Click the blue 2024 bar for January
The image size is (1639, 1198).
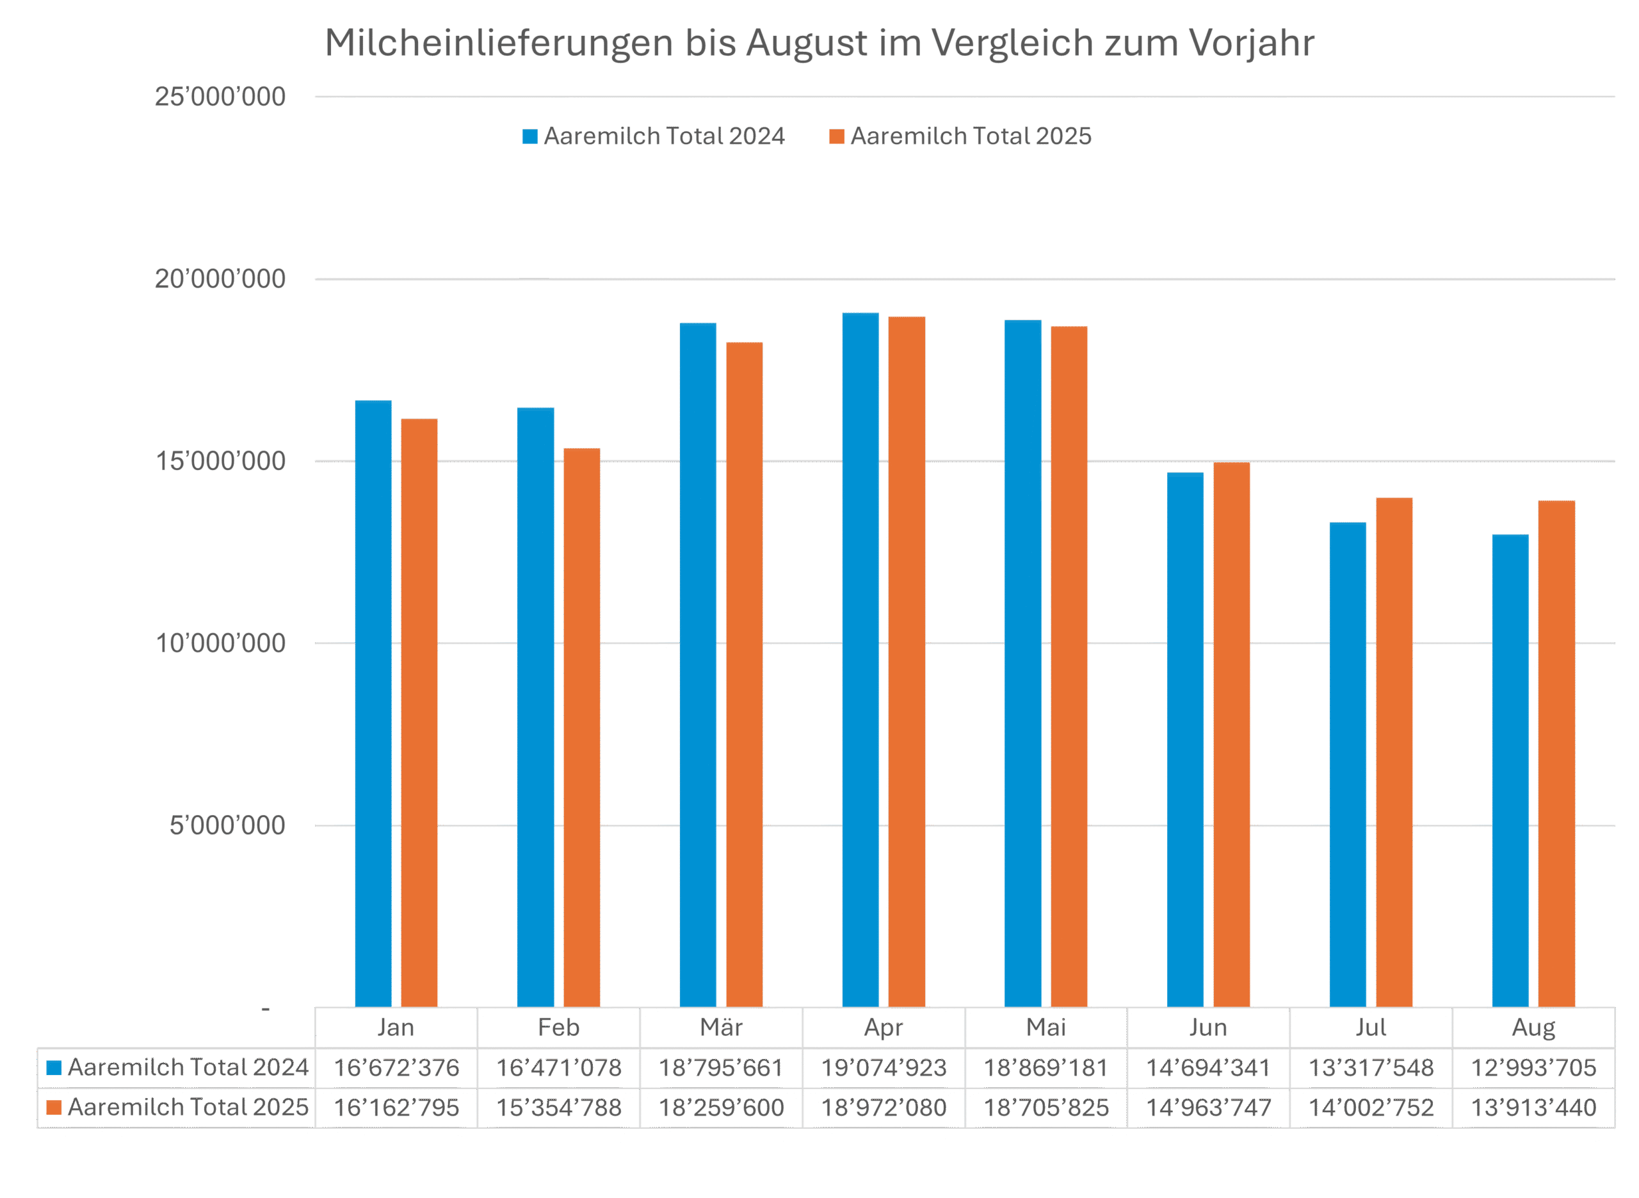(373, 704)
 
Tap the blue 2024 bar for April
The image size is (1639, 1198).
(860, 660)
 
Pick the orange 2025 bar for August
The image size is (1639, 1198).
(1557, 754)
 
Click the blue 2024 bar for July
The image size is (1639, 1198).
(1348, 765)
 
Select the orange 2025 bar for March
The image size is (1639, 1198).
(745, 674)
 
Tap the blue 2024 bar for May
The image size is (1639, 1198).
(1023, 663)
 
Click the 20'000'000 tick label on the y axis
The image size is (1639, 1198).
(220, 279)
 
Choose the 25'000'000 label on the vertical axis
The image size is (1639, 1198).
(220, 97)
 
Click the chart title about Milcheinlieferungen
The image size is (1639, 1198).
(819, 44)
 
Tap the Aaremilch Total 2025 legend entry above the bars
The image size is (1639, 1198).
(961, 136)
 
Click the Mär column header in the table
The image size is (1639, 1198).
(722, 1028)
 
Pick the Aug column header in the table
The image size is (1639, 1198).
(1534, 1028)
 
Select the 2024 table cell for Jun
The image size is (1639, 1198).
(1208, 1067)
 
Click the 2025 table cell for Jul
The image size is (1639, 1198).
(1371, 1107)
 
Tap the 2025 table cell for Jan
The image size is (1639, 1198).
(396, 1107)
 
